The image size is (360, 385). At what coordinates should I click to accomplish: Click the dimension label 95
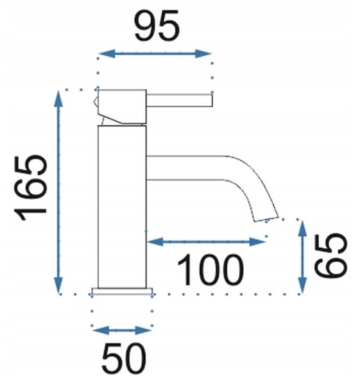click(157, 26)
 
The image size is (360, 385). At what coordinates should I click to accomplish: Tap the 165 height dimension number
click(30, 188)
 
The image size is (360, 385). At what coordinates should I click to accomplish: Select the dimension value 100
click(210, 269)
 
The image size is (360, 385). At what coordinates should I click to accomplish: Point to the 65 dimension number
click(330, 255)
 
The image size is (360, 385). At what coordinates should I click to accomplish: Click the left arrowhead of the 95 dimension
click(107, 53)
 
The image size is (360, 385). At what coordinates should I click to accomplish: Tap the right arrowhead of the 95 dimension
click(203, 53)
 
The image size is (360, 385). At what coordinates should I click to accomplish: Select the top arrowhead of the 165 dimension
click(58, 99)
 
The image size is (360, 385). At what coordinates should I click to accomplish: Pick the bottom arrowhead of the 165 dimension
click(58, 285)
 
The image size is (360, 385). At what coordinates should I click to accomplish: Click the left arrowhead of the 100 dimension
click(155, 242)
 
